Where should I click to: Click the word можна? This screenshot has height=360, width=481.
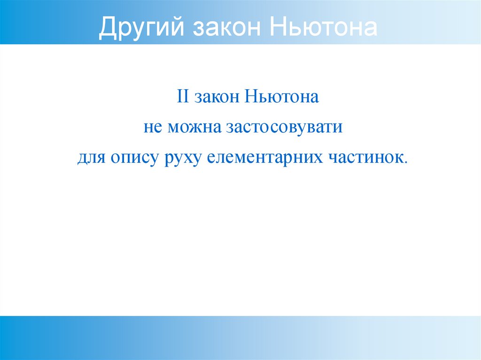pos(193,128)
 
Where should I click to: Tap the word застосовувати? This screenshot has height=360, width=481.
pos(284,128)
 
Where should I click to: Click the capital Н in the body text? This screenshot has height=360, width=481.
pos(250,98)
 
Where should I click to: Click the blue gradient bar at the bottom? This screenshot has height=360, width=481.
pos(240,337)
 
